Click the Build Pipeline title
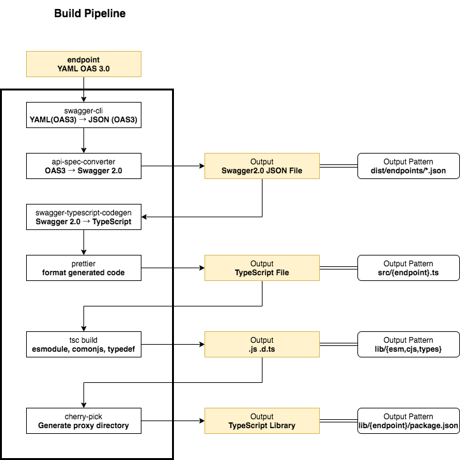point(89,13)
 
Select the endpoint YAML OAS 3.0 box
point(83,64)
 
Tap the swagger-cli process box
point(83,115)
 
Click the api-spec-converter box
point(83,166)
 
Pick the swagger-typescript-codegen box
point(83,217)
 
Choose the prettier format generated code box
point(83,268)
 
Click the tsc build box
point(83,344)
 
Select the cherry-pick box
point(83,420)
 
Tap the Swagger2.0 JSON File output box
point(262,166)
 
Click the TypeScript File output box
point(262,268)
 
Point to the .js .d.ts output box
point(262,344)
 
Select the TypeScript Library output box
point(262,420)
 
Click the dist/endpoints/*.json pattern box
point(408,166)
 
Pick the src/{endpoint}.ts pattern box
point(408,268)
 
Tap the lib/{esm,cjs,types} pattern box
point(408,344)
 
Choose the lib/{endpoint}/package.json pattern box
point(408,420)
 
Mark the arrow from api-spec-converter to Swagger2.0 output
point(172,166)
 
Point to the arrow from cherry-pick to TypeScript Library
point(172,420)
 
